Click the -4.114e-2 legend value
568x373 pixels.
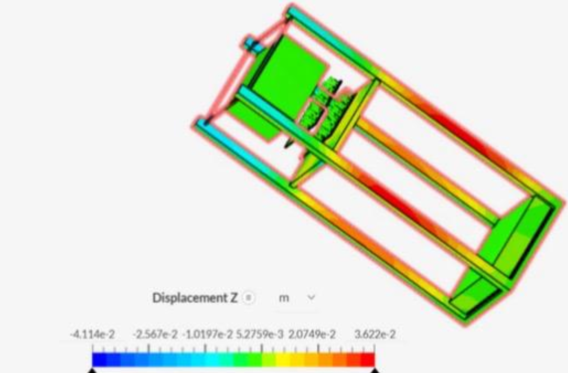pos(92,334)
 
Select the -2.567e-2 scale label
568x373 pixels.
pos(155,334)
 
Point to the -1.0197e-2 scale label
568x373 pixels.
pos(207,334)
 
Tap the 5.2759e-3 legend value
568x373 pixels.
pos(260,334)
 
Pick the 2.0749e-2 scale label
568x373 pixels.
pos(312,334)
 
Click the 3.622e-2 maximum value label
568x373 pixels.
pos(375,334)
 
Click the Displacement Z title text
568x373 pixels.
pos(195,298)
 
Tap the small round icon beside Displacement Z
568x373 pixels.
pos(248,298)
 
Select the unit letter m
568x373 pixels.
pos(284,298)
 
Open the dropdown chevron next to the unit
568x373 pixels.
pos(311,297)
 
